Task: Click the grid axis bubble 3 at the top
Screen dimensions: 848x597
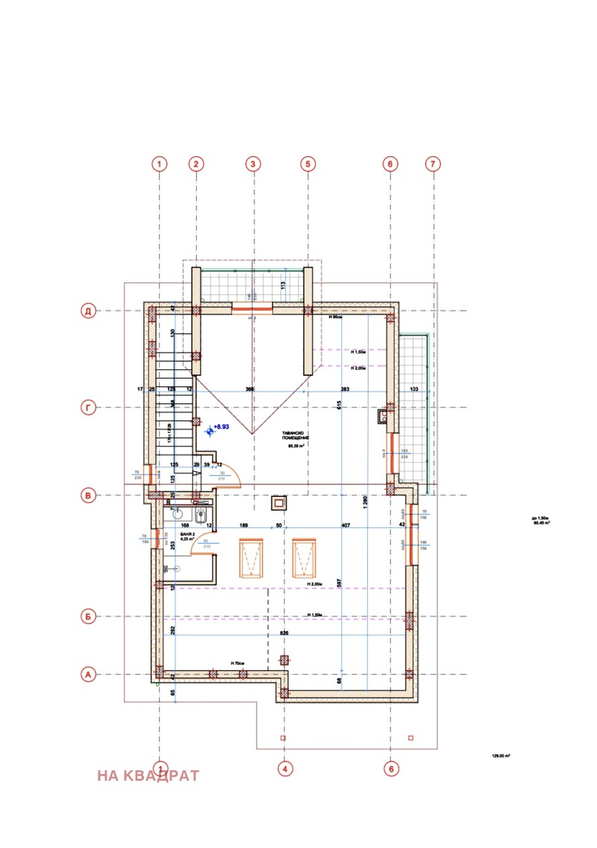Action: [x=253, y=164]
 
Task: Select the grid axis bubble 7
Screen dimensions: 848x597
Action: [x=432, y=164]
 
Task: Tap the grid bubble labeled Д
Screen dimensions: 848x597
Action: [x=88, y=311]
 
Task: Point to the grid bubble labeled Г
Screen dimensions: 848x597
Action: [x=88, y=407]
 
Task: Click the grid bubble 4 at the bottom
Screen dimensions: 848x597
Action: [x=284, y=767]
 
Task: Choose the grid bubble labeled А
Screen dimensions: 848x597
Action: [x=88, y=675]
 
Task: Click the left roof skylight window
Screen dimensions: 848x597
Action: [x=251, y=557]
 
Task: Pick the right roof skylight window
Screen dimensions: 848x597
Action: [x=304, y=557]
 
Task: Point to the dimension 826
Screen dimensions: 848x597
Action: [x=284, y=632]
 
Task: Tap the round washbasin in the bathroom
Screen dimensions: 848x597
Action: [x=178, y=514]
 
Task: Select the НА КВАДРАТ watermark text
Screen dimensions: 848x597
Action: [x=149, y=776]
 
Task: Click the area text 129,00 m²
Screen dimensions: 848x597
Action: [x=500, y=756]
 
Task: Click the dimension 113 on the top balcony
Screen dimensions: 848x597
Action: [x=284, y=285]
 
